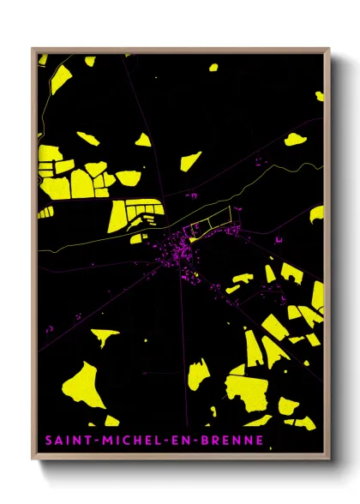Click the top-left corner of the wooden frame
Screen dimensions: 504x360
(33, 49)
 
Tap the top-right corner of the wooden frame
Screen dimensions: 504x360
(329, 49)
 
